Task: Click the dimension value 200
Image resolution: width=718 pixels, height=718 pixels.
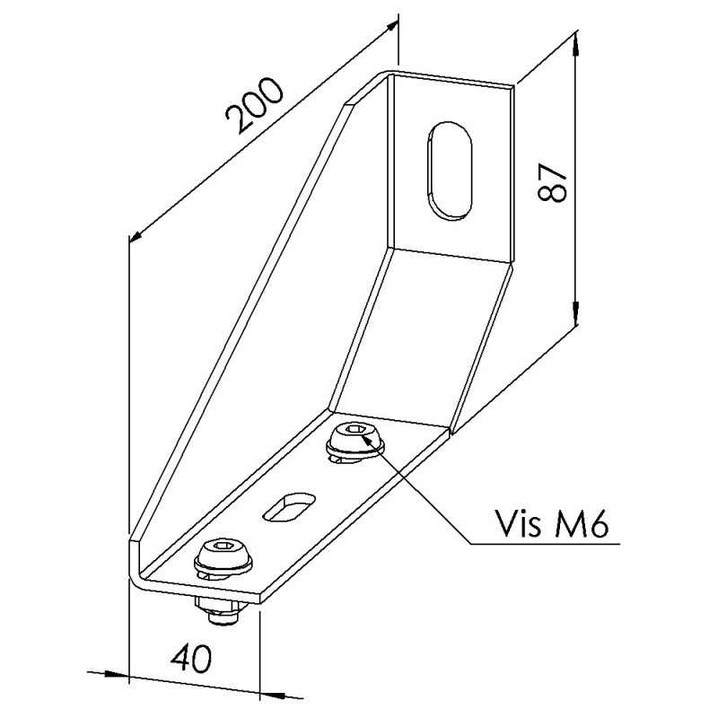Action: pos(255,106)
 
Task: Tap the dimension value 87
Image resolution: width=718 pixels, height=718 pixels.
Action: pos(553,182)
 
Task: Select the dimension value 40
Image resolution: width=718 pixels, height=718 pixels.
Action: pos(191,659)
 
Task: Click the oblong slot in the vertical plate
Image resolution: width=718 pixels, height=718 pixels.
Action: pos(449,170)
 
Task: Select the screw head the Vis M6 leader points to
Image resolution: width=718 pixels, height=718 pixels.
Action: pos(354,441)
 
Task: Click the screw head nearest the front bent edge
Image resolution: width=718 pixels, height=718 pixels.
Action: pos(223,556)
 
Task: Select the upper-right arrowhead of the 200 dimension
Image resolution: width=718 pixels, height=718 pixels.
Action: pos(390,27)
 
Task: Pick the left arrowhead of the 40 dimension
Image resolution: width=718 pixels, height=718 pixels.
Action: pos(117,675)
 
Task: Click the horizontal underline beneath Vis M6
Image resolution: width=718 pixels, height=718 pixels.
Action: pos(546,544)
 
